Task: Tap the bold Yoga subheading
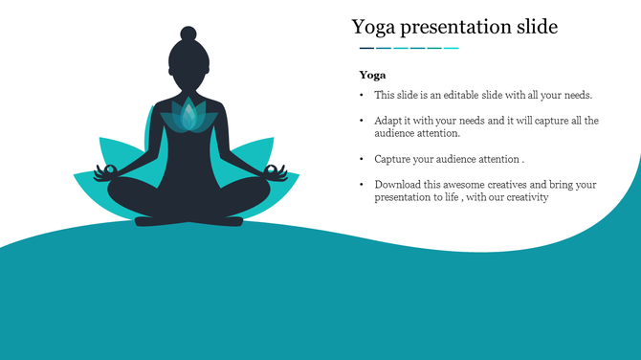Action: (372, 75)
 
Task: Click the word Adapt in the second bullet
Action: (388, 121)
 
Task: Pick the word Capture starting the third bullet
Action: (394, 159)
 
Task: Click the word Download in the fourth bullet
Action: (398, 184)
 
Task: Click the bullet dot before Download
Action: (361, 184)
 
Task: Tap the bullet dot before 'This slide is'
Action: (361, 96)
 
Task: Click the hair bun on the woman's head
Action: (188, 34)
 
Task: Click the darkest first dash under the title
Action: (366, 48)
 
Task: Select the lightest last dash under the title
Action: (452, 48)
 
